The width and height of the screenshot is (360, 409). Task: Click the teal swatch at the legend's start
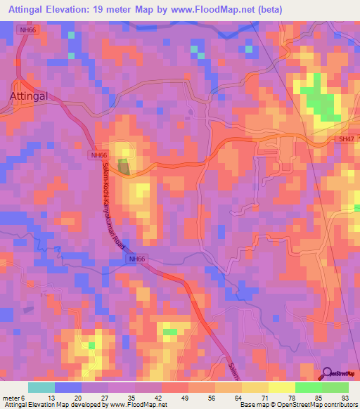click(x=41, y=387)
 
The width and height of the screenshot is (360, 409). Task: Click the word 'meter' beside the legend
click(x=12, y=397)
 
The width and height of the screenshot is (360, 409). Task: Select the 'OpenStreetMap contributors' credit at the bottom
click(x=316, y=405)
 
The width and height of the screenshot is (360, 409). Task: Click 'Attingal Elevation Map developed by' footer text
click(x=52, y=405)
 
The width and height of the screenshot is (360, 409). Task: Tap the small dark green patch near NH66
click(x=123, y=167)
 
